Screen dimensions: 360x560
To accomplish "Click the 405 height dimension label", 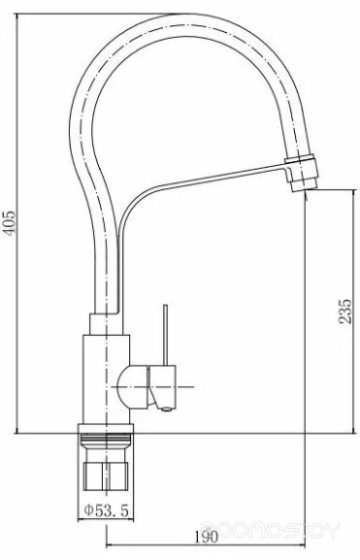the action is (10, 223).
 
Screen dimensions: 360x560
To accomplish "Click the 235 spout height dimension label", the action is (345, 312).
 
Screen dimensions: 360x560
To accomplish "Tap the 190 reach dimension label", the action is (206, 537).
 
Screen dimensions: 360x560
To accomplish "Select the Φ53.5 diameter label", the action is (106, 511).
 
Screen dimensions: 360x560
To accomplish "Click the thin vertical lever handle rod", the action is (165, 335).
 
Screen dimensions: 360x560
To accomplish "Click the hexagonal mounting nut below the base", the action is (106, 477).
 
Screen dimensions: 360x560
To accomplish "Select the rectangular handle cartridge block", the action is (162, 386).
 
